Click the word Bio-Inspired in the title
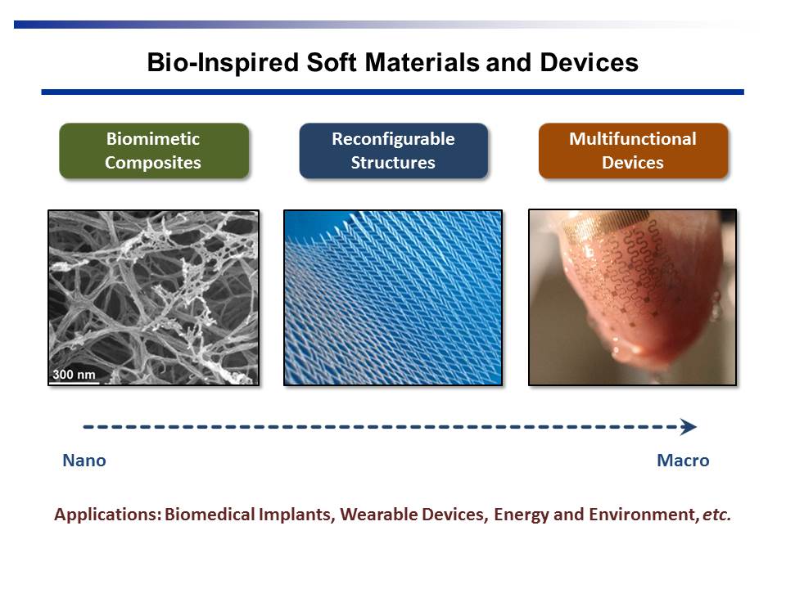click(223, 64)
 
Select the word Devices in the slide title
click(589, 63)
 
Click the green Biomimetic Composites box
click(154, 151)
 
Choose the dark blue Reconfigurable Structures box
click(394, 151)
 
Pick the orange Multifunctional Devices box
click(633, 151)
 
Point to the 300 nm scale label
click(74, 374)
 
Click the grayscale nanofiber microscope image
click(153, 298)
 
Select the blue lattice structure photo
click(393, 298)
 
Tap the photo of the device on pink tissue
click(633, 298)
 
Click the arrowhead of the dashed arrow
click(689, 427)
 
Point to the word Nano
click(84, 461)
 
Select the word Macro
click(683, 461)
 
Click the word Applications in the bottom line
click(108, 515)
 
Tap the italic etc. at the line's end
click(716, 515)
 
